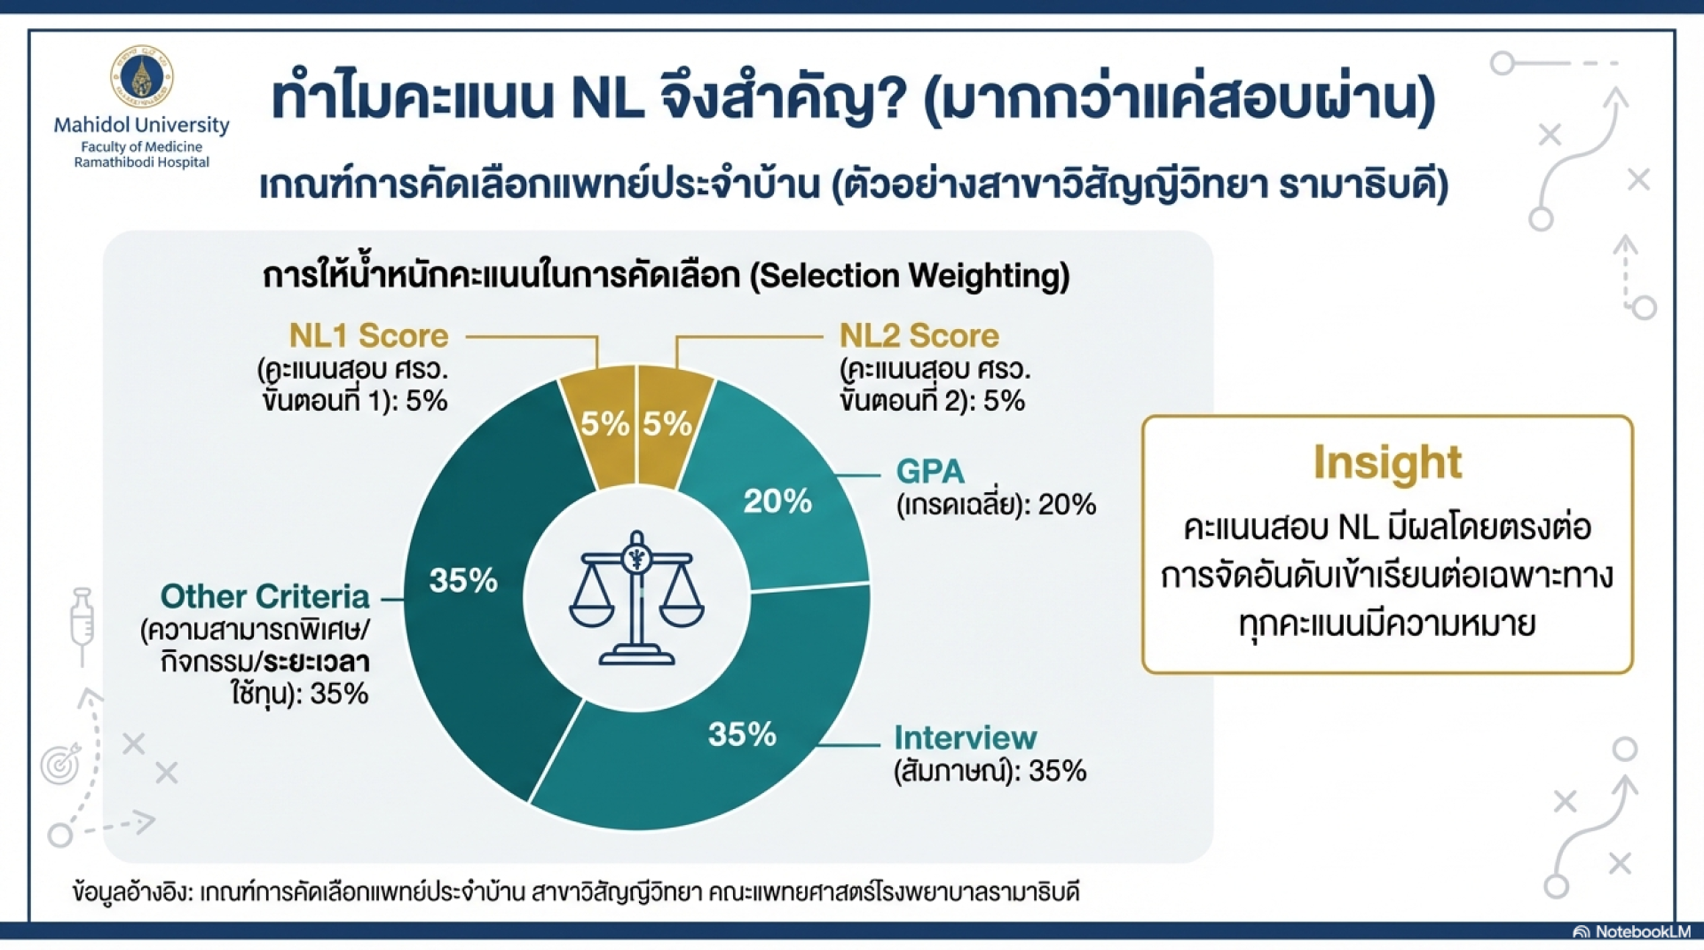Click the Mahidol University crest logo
141,76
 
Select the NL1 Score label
369,336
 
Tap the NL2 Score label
919,336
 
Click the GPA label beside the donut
930,471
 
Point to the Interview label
966,738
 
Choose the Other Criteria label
264,596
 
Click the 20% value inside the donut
777,501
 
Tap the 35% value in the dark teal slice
463,580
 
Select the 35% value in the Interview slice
742,734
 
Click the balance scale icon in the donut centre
636,598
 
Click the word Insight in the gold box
1387,463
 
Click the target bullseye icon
61,763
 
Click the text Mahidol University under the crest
142,125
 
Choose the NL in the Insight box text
1357,528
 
